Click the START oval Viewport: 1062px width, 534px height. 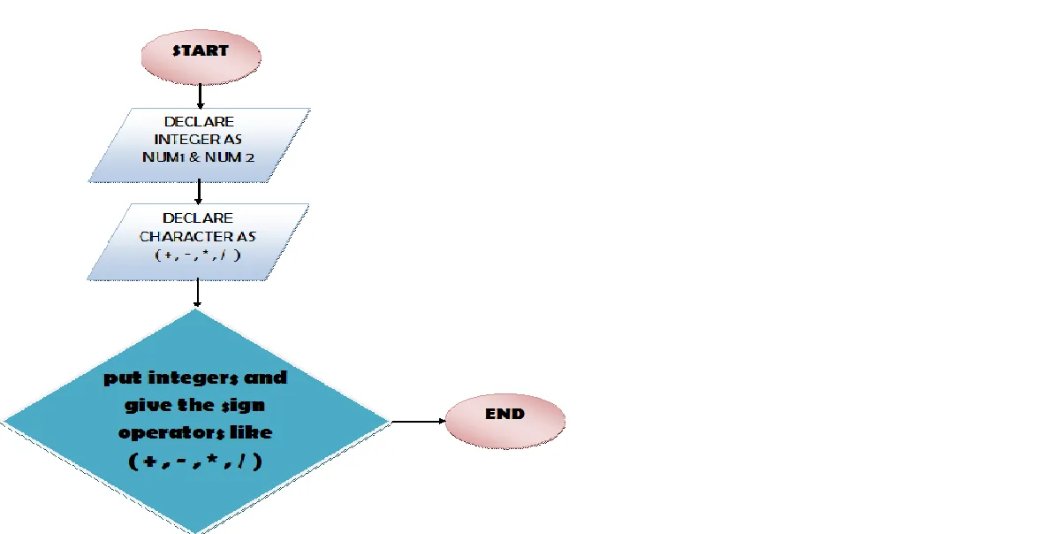tap(201, 57)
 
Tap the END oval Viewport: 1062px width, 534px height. tap(504, 421)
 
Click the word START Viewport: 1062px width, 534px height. tap(201, 50)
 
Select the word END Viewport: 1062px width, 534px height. tap(504, 414)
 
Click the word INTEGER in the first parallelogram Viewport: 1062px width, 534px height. tap(185, 140)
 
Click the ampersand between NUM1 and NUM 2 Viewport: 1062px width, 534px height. tap(195, 157)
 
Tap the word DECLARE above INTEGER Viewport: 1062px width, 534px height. tap(199, 121)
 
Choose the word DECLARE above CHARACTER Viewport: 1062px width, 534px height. tap(198, 217)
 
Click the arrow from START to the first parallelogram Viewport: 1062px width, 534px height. tap(200, 96)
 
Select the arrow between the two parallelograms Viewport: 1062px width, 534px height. tap(199, 192)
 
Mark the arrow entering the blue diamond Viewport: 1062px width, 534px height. tap(197, 294)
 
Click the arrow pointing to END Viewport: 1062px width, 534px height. tap(419, 421)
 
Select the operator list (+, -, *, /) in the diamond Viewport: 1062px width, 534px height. tap(195, 461)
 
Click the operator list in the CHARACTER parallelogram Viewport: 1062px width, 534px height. tap(198, 255)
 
